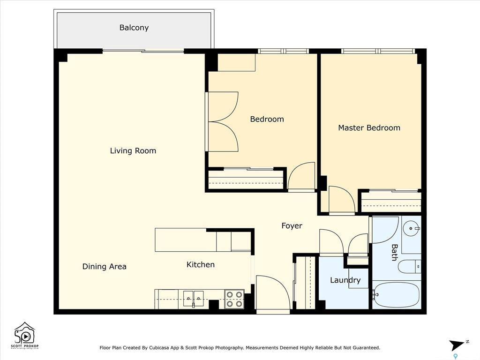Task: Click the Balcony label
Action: (x=134, y=28)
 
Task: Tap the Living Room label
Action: (x=133, y=151)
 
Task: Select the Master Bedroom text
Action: (x=369, y=128)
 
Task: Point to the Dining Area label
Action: (x=105, y=267)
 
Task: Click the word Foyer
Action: (x=292, y=226)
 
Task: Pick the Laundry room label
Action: (x=345, y=280)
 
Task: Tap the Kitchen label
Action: (x=201, y=265)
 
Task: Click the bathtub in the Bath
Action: (x=396, y=294)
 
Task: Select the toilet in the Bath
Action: (x=409, y=267)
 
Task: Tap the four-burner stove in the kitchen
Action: (x=234, y=299)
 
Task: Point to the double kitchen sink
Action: (x=194, y=298)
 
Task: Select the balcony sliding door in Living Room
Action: (x=143, y=51)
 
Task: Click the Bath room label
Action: (x=395, y=252)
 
